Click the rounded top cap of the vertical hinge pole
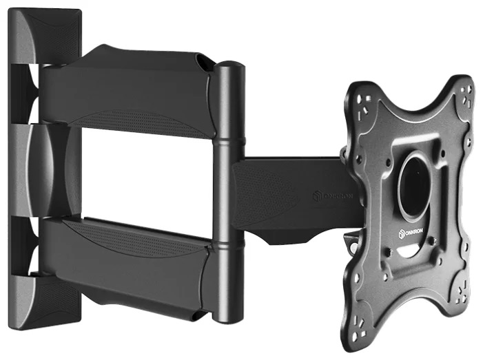click(x=230, y=67)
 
